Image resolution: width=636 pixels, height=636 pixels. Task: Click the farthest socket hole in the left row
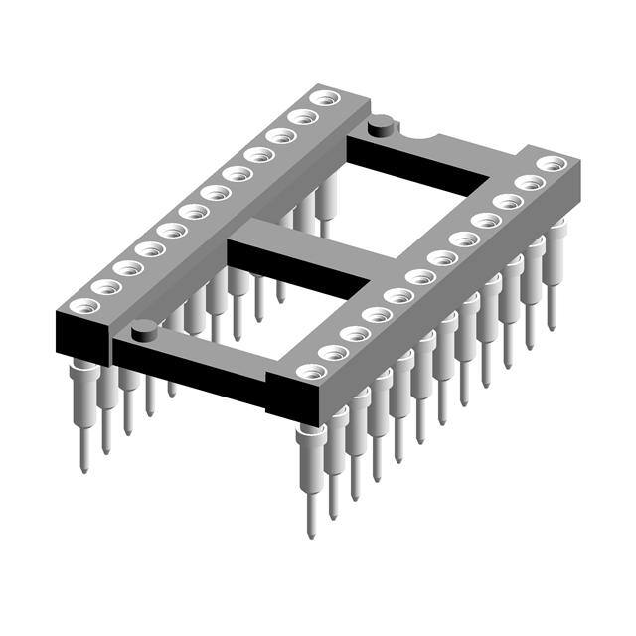[322, 98]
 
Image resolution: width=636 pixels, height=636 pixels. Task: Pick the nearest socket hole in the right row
[311, 372]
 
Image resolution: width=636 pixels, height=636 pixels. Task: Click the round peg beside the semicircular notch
[379, 126]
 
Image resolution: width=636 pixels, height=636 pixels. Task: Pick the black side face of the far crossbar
[417, 166]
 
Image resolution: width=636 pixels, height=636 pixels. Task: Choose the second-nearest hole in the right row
[333, 353]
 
